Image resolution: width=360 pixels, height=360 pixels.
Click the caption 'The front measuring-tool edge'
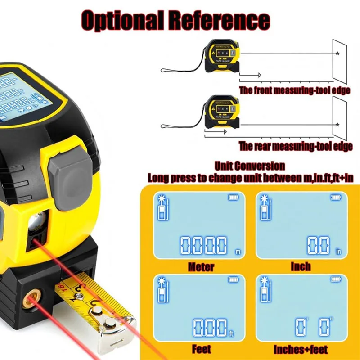[x=295, y=90]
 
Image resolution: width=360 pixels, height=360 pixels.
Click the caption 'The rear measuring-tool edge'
[x=295, y=146]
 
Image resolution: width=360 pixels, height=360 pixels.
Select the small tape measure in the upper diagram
[x=223, y=57]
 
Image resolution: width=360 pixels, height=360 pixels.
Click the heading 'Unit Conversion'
[x=250, y=166]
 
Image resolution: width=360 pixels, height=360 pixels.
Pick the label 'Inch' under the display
[x=301, y=266]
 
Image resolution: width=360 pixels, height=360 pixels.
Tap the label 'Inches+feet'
[x=301, y=349]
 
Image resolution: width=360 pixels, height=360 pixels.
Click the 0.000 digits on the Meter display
[x=203, y=245]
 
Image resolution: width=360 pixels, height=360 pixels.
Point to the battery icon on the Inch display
[x=335, y=197]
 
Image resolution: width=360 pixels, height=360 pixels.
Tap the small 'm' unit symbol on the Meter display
[x=238, y=252]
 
